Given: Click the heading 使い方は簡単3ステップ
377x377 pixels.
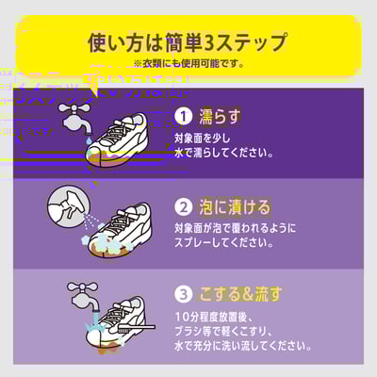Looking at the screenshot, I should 188,42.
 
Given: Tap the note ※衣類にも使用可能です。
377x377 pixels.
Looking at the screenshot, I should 188,63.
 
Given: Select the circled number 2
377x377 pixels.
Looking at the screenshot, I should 185,206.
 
